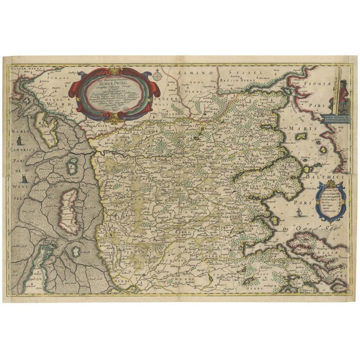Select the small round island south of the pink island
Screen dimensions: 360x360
click(x=71, y=165)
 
